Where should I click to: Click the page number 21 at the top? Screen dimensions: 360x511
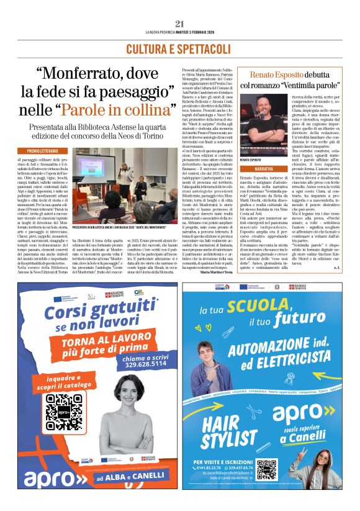180,24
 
